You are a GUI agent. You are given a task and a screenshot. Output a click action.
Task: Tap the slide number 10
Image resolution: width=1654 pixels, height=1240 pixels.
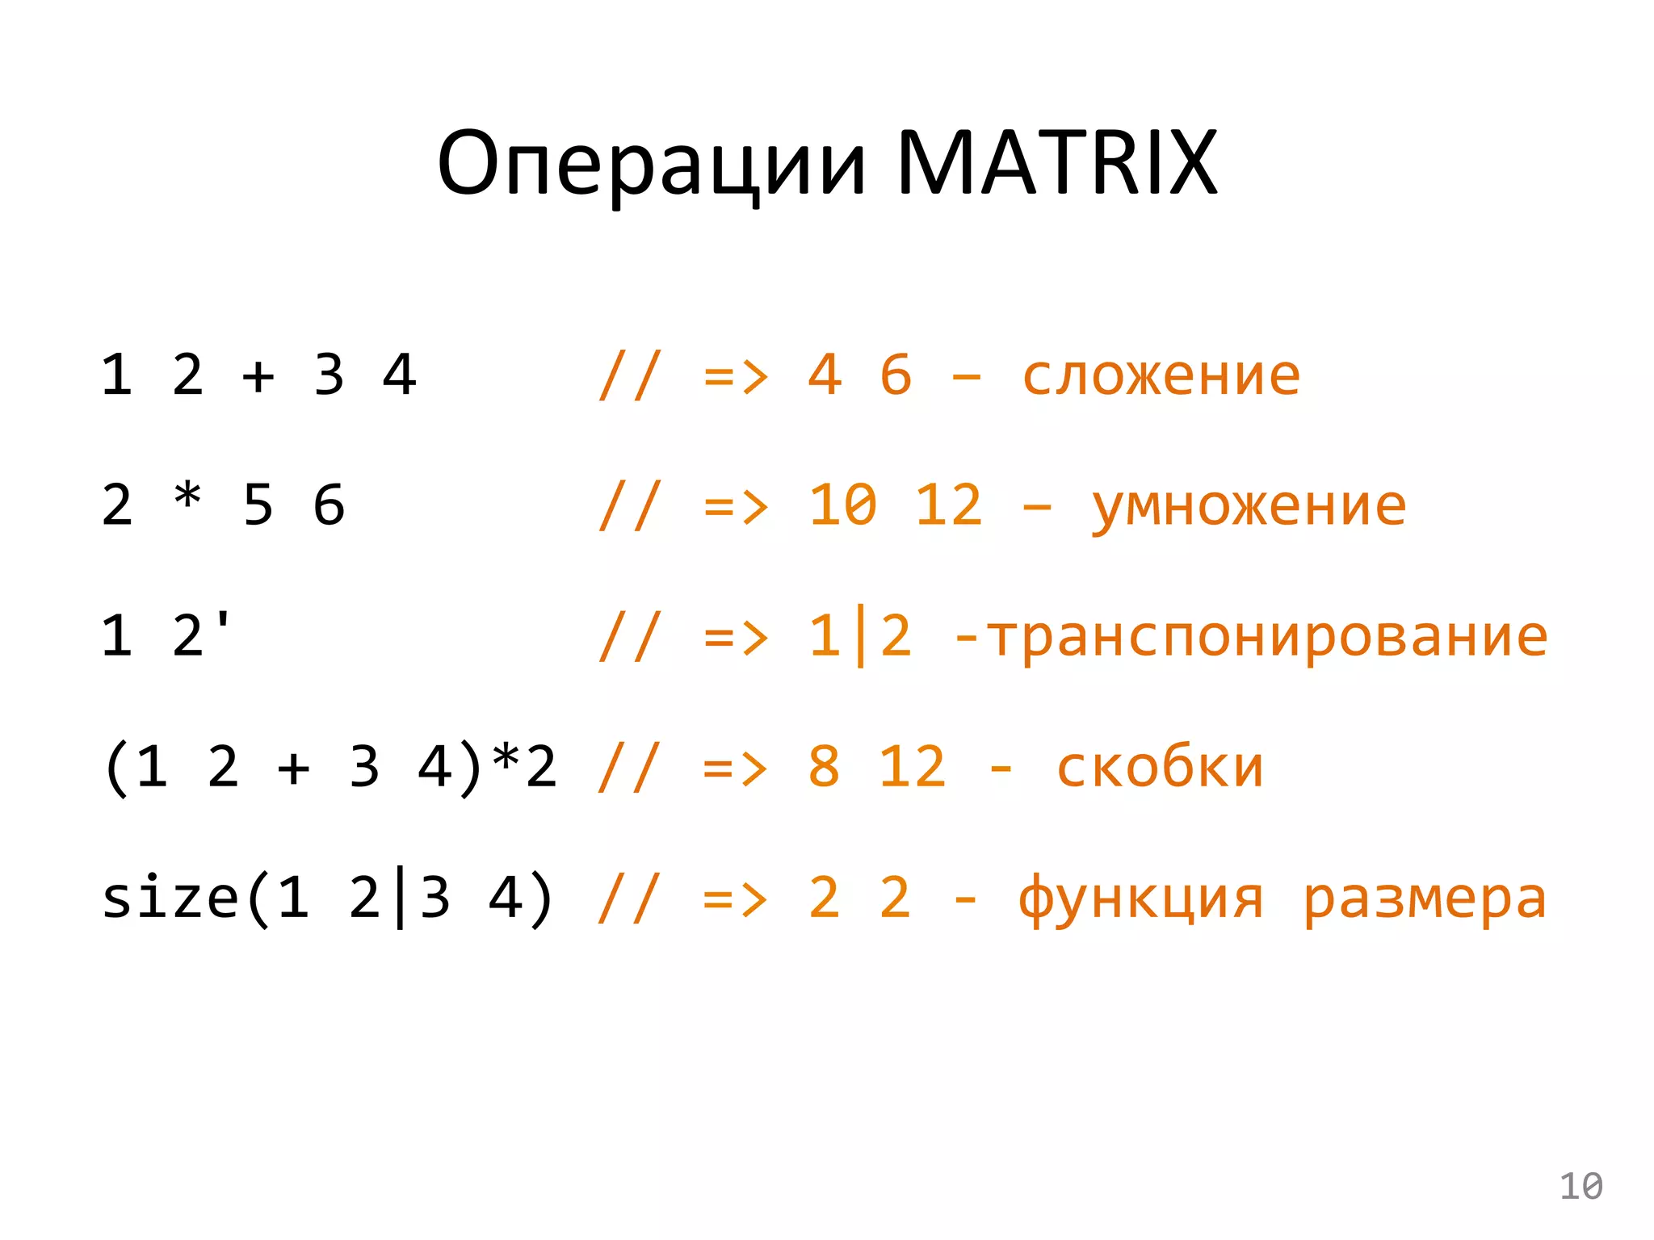pos(1581,1186)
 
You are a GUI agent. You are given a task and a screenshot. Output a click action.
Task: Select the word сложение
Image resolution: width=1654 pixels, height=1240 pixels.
pos(1161,375)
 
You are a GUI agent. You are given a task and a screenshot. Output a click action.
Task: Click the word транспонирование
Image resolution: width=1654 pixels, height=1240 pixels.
pos(1267,636)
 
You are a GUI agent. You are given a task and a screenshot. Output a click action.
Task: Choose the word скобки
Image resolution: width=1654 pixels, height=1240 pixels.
pos(1160,767)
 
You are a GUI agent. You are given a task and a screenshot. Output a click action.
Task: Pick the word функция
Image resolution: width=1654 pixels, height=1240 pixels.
pos(1140,899)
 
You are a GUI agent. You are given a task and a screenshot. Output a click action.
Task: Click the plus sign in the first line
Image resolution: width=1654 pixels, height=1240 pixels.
pos(258,376)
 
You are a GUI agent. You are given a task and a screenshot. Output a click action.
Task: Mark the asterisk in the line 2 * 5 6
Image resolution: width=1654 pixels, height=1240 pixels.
pos(187,496)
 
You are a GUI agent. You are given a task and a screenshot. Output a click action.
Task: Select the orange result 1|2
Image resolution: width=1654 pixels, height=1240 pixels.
pos(859,636)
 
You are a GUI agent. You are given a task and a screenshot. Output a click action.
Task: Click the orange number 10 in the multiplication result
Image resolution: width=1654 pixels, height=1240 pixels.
pos(842,506)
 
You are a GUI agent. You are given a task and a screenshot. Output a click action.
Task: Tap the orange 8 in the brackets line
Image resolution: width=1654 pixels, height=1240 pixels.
pos(824,767)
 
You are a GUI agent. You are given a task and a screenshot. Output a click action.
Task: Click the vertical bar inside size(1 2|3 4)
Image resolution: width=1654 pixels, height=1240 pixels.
pos(400,899)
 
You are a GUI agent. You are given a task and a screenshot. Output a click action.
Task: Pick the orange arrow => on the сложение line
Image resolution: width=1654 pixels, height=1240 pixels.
pos(735,376)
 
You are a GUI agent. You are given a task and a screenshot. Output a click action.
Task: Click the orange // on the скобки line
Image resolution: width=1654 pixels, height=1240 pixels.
pos(629,767)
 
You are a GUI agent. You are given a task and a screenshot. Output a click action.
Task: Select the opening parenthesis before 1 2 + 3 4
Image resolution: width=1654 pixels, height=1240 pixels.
pos(117,768)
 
